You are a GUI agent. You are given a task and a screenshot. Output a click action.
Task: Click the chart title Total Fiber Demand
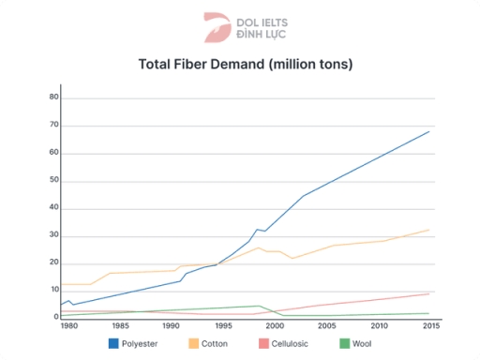click(x=245, y=65)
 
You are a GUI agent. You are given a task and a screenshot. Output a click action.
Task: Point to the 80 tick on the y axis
click(x=53, y=97)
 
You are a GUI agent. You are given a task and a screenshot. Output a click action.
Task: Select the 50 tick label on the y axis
click(x=53, y=180)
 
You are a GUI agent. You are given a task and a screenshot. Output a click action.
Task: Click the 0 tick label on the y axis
click(x=56, y=317)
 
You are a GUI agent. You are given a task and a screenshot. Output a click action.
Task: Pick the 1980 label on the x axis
click(x=68, y=325)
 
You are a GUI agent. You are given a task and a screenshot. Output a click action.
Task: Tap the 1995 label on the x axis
click(x=222, y=325)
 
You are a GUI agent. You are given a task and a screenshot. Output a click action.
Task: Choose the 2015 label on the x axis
click(x=429, y=325)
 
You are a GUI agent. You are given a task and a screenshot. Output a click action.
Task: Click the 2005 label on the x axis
click(x=326, y=325)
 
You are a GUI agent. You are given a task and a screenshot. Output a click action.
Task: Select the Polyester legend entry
click(x=133, y=343)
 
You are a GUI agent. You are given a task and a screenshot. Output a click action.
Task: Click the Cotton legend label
click(x=217, y=343)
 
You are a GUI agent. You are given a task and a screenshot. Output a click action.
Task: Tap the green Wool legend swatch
click(x=344, y=343)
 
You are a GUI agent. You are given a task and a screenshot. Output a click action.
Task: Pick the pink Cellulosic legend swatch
click(x=255, y=343)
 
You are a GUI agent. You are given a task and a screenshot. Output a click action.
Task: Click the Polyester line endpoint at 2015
click(x=429, y=131)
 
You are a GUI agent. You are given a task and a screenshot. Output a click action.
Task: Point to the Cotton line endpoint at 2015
click(x=429, y=230)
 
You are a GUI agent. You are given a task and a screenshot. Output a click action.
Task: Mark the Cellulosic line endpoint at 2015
click(x=429, y=293)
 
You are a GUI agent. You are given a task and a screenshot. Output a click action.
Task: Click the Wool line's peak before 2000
click(x=261, y=306)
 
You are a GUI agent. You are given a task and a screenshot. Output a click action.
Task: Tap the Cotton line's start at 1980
click(x=62, y=284)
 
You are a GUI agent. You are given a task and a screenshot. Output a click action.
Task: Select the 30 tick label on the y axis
click(x=53, y=235)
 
